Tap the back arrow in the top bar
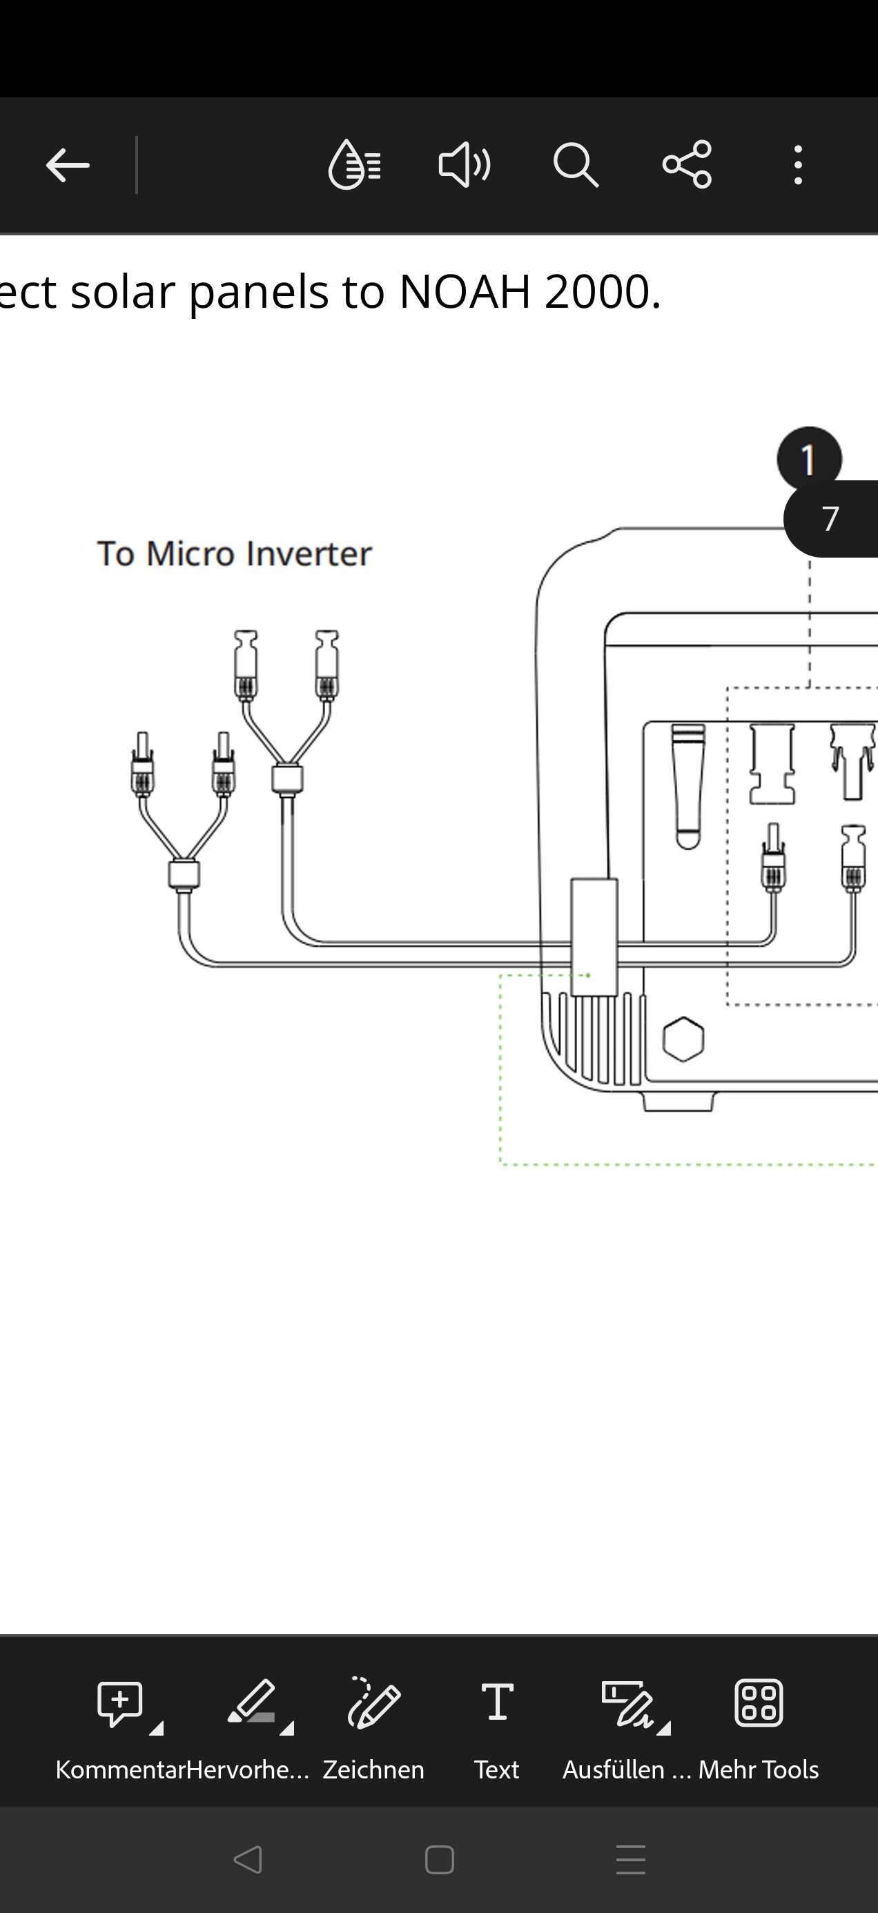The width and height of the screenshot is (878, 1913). pyautogui.click(x=68, y=165)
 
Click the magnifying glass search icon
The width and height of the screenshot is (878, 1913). pyautogui.click(x=576, y=165)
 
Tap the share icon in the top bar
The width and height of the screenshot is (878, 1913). pyautogui.click(x=687, y=165)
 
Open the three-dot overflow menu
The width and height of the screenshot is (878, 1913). pyautogui.click(x=798, y=165)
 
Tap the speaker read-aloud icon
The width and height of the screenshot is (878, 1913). pyautogui.click(x=465, y=165)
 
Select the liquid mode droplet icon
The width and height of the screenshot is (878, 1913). pyautogui.click(x=354, y=165)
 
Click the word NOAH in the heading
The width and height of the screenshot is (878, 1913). pyautogui.click(x=466, y=291)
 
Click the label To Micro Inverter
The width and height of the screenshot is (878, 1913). pyautogui.click(x=234, y=554)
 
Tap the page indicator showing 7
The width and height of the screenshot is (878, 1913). pyautogui.click(x=831, y=519)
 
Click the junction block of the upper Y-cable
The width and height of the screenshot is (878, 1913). pyautogui.click(x=286, y=779)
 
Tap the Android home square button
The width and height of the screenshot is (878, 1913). pyautogui.click(x=439, y=1861)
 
